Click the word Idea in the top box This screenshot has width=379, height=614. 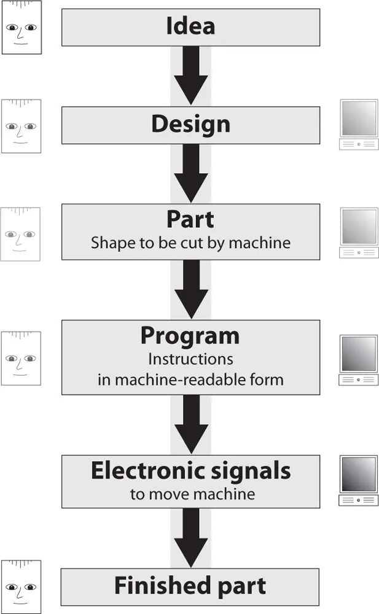pos(190,26)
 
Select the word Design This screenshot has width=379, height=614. pos(190,125)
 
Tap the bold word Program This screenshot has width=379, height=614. pos(190,336)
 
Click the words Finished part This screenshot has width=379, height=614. pos(190,586)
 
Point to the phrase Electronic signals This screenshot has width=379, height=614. pos(190,471)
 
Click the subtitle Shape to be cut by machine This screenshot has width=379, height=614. pos(190,243)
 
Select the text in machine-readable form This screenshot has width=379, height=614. pos(190,379)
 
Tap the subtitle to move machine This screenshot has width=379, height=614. pos(192,494)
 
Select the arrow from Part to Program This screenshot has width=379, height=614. pos(191,289)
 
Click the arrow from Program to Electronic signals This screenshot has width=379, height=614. pos(191,424)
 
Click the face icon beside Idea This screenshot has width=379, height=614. pos(21,29)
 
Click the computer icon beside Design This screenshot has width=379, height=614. pos(359,125)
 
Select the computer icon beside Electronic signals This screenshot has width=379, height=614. pos(359,481)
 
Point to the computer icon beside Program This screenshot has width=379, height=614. pos(359,360)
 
